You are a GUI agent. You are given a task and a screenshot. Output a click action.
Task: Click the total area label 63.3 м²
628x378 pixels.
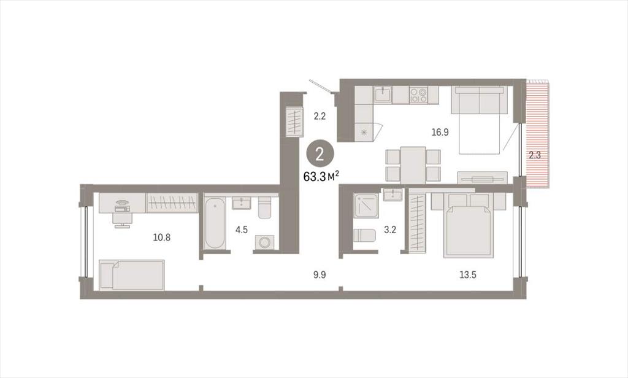point(321,176)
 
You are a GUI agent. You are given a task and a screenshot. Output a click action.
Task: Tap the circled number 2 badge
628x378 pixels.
point(320,154)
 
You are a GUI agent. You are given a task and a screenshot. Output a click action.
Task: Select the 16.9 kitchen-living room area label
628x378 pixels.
point(440,133)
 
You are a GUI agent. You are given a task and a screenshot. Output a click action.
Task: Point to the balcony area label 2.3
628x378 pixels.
point(535,155)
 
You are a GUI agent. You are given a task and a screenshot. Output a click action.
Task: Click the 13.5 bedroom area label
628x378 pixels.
point(468,275)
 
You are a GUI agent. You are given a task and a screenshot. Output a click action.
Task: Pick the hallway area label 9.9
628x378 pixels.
point(320,275)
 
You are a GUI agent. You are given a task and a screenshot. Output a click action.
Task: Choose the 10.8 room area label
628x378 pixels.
point(162,237)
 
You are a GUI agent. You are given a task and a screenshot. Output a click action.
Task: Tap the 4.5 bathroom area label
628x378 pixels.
point(242,229)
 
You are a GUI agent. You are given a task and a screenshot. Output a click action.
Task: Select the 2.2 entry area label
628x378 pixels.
point(320,117)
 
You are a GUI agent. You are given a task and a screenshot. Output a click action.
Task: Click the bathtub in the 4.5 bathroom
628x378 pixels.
point(215,223)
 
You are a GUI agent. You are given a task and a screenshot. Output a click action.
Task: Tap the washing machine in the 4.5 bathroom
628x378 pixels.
point(264,242)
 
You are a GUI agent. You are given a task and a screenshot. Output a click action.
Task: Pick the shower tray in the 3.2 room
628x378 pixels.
point(366,206)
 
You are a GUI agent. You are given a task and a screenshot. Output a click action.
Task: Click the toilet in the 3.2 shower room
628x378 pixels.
point(364,235)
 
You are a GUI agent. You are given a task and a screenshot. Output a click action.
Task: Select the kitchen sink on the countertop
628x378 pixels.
point(383,95)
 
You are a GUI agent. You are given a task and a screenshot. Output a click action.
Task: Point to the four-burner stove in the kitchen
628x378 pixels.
point(418,95)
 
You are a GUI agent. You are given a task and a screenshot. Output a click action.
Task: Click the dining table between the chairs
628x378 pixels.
point(413,165)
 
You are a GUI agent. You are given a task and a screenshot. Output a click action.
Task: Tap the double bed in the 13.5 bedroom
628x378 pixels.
point(468,225)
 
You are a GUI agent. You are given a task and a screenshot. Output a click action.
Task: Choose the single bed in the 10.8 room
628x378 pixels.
point(132,274)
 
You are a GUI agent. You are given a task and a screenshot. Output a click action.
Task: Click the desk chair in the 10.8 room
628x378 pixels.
point(123,220)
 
